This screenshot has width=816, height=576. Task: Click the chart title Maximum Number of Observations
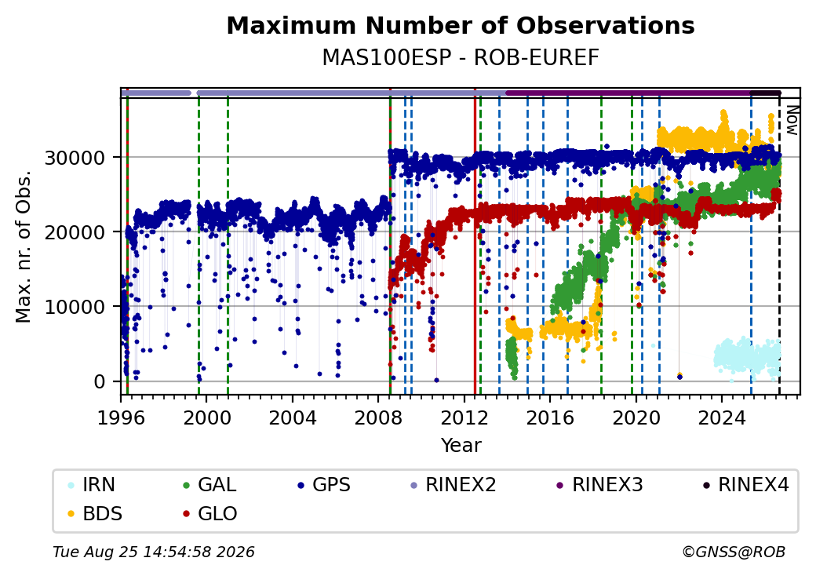point(461,25)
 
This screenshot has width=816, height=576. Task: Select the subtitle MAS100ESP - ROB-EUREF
point(461,58)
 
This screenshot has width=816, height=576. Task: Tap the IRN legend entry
point(92,484)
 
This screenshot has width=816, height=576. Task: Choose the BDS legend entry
point(95,513)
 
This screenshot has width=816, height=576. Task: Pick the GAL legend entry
point(210,484)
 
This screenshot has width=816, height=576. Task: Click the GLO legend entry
point(211,513)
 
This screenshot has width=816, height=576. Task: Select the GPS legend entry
point(324,484)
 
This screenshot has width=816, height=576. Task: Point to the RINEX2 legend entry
point(454,484)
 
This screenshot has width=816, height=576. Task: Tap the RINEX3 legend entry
point(600,484)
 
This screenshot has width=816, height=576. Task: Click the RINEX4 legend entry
point(746,484)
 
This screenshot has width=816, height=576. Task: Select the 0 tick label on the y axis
point(100,381)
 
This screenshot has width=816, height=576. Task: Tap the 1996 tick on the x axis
point(121,417)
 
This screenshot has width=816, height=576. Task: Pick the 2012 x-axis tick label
point(464,417)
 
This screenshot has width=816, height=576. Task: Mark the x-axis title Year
point(461,446)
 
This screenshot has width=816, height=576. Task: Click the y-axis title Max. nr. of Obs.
point(24,246)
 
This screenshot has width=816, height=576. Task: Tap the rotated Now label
point(792,120)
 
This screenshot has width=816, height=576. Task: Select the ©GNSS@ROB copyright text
point(734,552)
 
